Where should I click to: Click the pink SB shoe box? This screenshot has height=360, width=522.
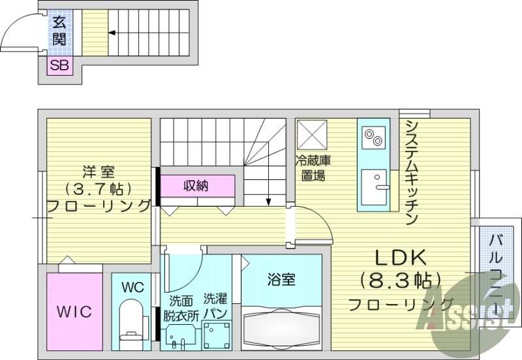pos(59,65)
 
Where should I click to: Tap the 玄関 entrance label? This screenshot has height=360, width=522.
pos(59,31)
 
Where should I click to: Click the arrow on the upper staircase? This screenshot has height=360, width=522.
pos(112,31)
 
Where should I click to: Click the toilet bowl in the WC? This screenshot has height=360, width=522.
pos(132,318)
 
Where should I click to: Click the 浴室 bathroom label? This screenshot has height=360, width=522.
pos(281,280)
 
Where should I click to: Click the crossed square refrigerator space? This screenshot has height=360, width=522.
pos(312,136)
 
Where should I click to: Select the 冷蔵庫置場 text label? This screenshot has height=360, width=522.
pos(312,168)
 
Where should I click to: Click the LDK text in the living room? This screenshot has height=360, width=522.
pos(399,256)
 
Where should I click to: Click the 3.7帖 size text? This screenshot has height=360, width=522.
pos(99,188)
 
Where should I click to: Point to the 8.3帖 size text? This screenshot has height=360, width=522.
pos(399,281)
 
